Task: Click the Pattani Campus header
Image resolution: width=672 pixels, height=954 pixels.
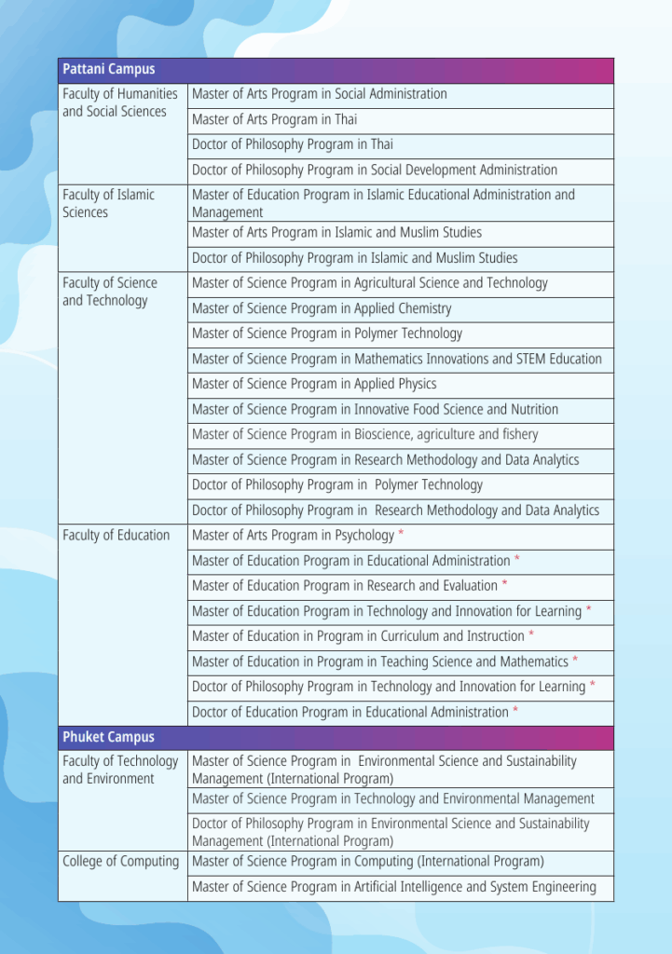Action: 109,70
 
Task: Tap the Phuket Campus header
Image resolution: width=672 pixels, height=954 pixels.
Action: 108,737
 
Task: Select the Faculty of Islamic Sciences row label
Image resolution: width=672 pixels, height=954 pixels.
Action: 108,203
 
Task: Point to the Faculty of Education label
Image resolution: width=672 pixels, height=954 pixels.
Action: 116,535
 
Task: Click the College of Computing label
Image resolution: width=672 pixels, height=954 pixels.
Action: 120,862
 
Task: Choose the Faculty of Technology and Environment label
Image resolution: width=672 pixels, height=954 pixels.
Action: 119,770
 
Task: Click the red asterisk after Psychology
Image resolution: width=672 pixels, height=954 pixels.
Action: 401,535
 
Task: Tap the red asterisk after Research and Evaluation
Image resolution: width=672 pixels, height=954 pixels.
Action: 504,585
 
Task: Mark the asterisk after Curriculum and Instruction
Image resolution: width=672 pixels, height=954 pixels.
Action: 531,635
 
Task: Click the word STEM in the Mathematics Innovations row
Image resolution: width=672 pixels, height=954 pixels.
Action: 519,359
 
